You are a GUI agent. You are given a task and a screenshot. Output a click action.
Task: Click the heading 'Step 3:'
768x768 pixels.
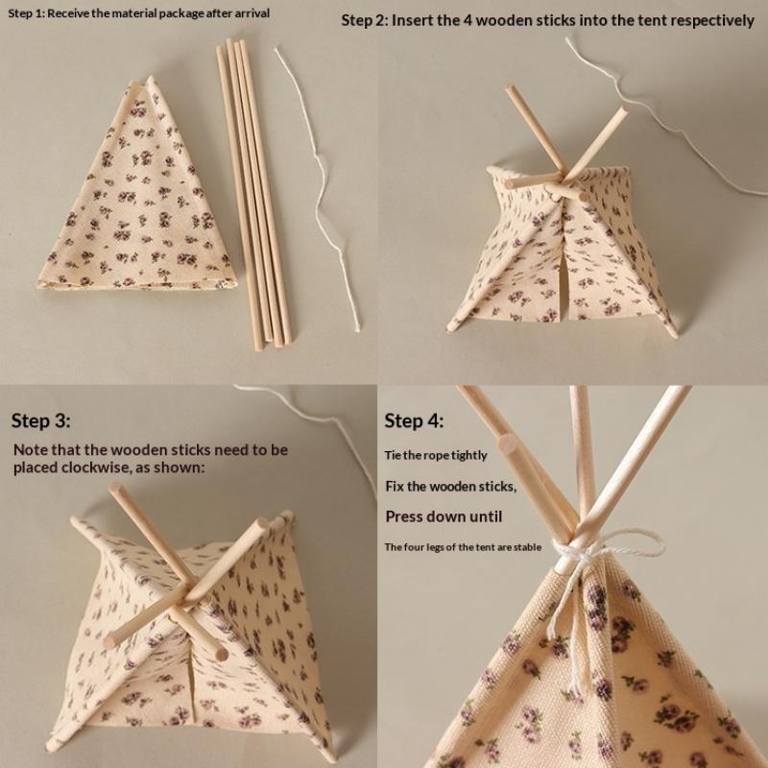(40, 420)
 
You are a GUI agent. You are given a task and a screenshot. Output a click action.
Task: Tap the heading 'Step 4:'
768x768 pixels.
(414, 420)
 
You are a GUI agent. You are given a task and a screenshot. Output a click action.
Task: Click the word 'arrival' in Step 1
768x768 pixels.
(252, 13)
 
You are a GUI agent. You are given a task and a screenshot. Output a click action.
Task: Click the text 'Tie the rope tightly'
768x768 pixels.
(436, 455)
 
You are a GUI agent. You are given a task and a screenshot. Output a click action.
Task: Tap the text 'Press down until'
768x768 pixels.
(444, 516)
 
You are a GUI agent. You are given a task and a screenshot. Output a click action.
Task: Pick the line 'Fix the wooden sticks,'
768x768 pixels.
(450, 487)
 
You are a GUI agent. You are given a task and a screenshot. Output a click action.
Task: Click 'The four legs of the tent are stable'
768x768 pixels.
(463, 547)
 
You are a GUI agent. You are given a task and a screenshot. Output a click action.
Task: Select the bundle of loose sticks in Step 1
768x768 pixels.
(253, 194)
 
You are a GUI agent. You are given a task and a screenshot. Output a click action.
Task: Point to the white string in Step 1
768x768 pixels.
(323, 191)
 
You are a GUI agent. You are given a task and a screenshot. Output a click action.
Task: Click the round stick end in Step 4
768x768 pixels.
(509, 444)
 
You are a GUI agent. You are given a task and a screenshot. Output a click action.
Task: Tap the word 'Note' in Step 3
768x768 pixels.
(31, 449)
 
